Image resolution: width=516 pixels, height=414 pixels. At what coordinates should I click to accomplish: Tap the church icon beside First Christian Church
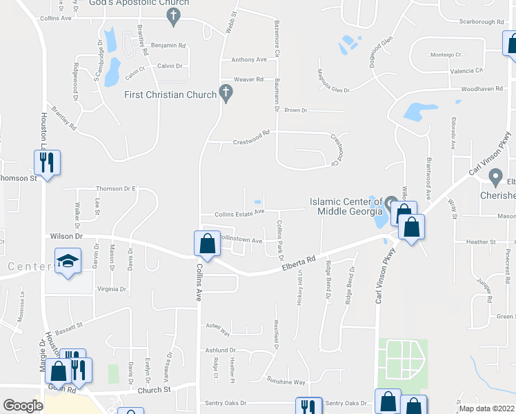[226, 92]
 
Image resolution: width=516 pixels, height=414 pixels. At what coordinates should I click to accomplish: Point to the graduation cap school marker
[68, 262]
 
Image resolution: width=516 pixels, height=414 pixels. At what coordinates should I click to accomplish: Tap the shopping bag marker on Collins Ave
[207, 243]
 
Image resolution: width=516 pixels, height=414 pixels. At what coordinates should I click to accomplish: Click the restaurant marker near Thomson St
[47, 162]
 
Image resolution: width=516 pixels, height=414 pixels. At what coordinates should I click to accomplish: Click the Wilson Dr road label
[66, 236]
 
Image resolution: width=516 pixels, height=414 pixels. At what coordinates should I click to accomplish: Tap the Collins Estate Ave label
[239, 213]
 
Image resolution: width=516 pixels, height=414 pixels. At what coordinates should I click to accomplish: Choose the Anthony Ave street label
[249, 60]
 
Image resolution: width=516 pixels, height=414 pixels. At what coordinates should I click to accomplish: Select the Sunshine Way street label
[286, 382]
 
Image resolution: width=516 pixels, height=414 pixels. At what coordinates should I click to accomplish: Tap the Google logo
[23, 406]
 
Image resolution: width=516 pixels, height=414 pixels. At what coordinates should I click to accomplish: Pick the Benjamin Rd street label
[168, 46]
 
